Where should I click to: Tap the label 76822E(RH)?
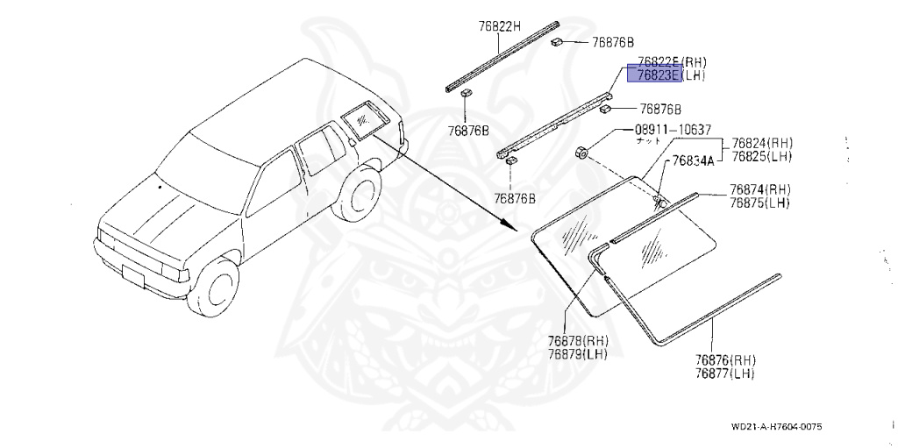pos(672,62)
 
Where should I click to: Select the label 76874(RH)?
pos(759,190)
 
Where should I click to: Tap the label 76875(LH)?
pos(759,203)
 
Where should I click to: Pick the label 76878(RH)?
pos(578,341)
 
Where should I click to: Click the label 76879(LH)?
pos(578,354)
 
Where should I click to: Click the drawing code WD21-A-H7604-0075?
pos(776,427)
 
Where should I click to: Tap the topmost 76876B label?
pos(613,42)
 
